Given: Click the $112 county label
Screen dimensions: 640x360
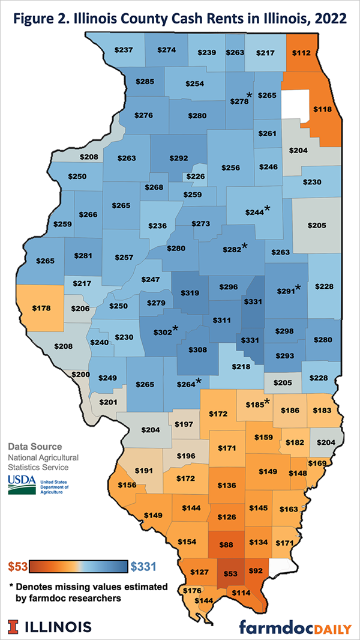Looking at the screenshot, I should [302, 52].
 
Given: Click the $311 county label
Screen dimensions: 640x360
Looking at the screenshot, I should [221, 321].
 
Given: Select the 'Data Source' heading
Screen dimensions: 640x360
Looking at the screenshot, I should [35, 447].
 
